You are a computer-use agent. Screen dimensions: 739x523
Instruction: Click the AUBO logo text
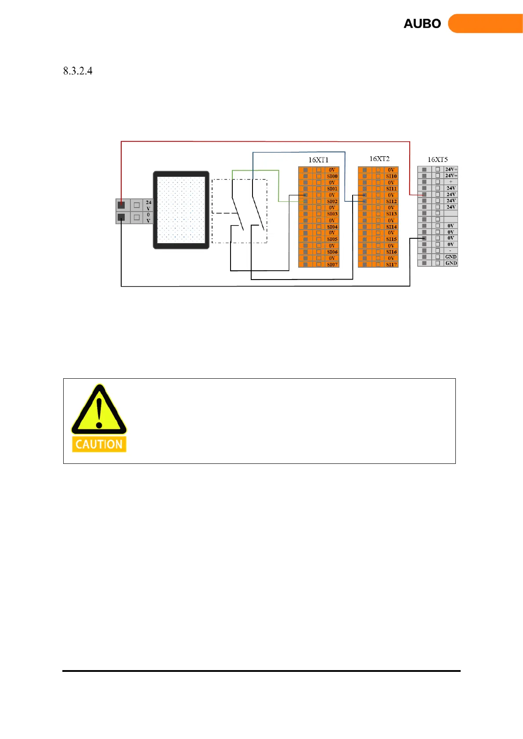point(422,24)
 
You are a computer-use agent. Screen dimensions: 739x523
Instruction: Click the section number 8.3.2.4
point(78,71)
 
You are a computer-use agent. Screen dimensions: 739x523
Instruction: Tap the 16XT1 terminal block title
point(318,160)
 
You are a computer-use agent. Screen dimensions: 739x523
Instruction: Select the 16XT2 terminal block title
point(379,158)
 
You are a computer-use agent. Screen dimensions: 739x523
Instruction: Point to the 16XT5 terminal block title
point(438,159)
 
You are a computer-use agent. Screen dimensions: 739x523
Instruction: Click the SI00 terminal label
point(332,176)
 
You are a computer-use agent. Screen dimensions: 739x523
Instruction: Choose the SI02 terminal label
point(332,201)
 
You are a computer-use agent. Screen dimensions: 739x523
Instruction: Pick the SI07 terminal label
point(332,265)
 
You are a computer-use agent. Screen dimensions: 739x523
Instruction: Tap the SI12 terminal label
point(391,201)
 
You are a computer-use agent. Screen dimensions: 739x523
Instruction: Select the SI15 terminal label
point(391,239)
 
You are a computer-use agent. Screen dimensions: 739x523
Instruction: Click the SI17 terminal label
point(391,265)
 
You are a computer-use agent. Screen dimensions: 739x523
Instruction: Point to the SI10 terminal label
point(391,176)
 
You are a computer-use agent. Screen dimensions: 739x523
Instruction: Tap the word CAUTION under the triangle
point(99,444)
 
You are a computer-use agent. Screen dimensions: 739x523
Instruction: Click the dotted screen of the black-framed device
point(181,210)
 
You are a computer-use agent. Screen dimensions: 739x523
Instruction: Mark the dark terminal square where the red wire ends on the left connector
point(121,205)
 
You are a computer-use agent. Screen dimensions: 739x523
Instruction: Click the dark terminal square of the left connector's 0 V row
point(121,217)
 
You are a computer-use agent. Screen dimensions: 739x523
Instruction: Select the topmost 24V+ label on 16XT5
point(451,169)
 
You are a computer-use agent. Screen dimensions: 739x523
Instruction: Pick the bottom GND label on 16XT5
point(451,263)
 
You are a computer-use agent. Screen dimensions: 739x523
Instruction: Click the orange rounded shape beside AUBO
point(485,24)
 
